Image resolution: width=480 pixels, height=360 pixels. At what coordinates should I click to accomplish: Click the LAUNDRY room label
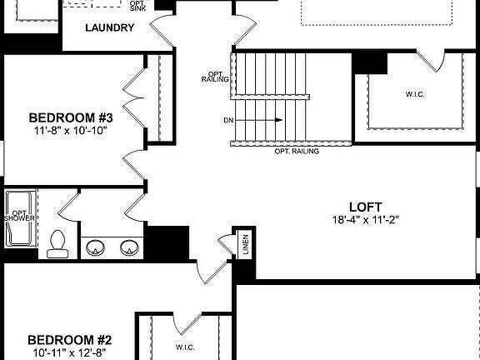109,27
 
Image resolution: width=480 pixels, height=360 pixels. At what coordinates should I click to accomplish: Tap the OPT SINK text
137,5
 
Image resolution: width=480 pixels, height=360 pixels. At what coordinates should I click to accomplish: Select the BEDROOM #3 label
71,117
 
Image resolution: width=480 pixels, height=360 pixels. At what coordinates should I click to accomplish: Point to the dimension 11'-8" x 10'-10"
71,130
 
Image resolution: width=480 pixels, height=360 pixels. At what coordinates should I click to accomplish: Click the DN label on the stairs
228,120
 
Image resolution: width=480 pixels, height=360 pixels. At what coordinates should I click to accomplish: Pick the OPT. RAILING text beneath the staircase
297,152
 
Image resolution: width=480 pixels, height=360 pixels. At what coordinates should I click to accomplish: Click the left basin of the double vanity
96,247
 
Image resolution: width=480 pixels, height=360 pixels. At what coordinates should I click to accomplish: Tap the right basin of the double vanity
128,247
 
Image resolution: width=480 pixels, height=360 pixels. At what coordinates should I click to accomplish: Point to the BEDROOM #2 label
70,340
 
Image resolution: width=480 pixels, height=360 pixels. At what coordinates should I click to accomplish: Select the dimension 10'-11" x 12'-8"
70,353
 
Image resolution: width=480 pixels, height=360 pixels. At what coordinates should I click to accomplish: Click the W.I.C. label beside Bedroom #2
184,347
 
